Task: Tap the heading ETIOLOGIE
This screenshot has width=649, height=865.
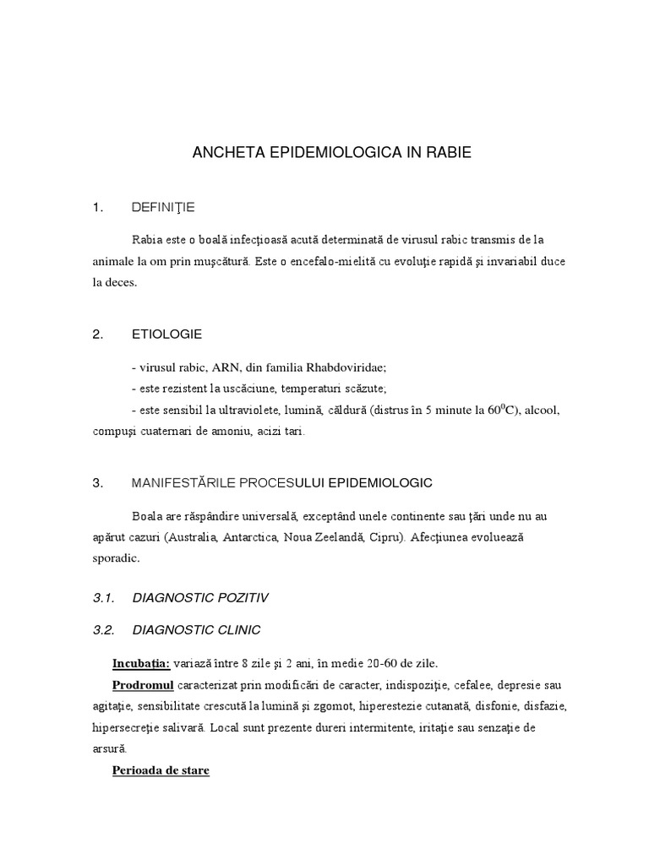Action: pos(166,334)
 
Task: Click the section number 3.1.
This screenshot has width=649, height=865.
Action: pos(103,598)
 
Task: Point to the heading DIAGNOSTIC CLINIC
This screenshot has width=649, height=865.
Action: pos(197,629)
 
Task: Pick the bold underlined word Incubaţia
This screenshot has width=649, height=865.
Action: pos(141,661)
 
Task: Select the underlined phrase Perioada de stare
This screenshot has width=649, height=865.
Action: pos(161,771)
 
